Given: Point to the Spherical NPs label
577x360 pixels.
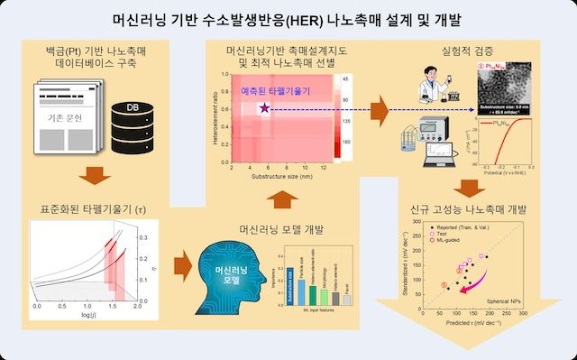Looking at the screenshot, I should (503, 296).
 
